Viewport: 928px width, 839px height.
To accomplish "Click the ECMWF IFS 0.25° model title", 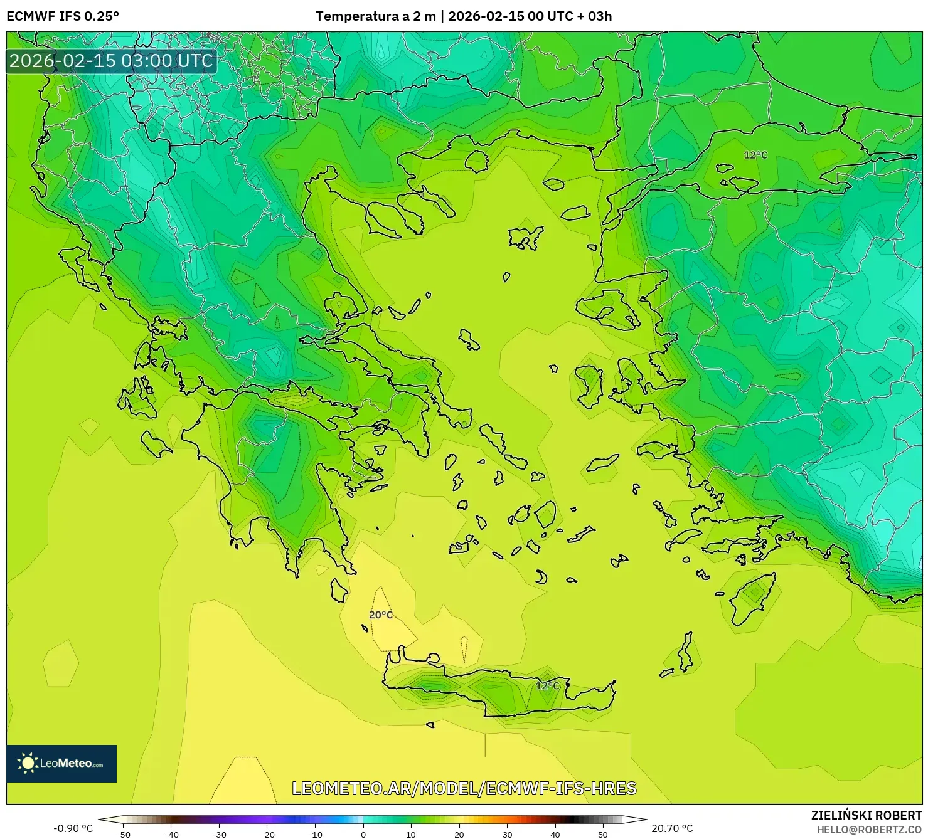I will tap(63, 16).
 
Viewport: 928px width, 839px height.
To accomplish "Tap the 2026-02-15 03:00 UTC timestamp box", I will tap(111, 61).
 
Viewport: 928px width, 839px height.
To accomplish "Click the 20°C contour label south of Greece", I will tap(381, 615).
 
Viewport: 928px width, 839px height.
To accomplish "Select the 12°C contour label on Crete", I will tap(547, 685).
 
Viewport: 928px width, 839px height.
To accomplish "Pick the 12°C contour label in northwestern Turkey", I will tap(755, 155).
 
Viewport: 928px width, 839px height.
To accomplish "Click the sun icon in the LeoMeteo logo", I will tap(28, 763).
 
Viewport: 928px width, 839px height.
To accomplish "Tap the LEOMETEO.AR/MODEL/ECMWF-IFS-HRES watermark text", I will tap(464, 788).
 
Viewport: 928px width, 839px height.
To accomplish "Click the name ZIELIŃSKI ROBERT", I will tap(866, 815).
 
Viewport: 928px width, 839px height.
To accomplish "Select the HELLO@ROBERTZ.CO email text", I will tap(869, 829).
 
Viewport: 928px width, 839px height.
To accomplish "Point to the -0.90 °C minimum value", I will tap(73, 828).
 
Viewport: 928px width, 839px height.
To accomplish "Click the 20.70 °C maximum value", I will tap(672, 828).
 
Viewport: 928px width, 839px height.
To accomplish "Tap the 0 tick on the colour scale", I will tap(363, 834).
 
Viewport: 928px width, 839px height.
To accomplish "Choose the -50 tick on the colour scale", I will tap(123, 834).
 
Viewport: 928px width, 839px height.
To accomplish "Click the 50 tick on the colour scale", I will tap(603, 834).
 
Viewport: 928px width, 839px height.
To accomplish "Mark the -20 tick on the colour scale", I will tap(267, 834).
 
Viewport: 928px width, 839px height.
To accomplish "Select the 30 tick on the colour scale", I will tap(507, 834).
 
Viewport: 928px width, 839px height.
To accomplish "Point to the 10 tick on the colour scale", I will tap(411, 834).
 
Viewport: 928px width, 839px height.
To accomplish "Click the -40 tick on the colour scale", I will tap(171, 834).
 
